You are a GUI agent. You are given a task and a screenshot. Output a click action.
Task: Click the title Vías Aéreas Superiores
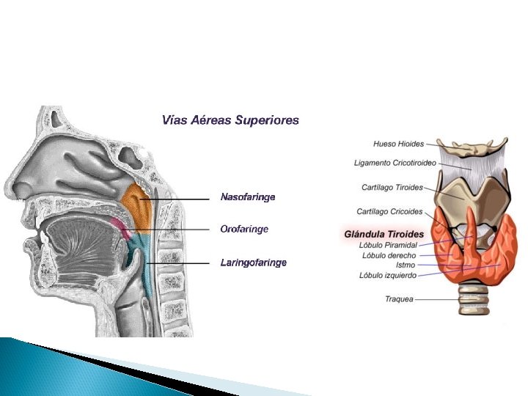pyautogui.click(x=230, y=120)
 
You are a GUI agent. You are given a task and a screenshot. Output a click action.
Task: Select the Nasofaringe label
pyautogui.click(x=248, y=197)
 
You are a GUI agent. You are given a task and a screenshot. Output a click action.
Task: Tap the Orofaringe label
pyautogui.click(x=244, y=229)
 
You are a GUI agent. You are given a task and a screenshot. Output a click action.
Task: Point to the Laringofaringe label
pyautogui.click(x=253, y=262)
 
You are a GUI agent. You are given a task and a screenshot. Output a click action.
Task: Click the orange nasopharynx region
pyautogui.click(x=136, y=204)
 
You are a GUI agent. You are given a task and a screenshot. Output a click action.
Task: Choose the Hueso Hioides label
pyautogui.click(x=398, y=144)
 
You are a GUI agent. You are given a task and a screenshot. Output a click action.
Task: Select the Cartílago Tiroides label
pyautogui.click(x=392, y=187)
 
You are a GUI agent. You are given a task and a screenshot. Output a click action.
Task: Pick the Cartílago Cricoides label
pyautogui.click(x=389, y=212)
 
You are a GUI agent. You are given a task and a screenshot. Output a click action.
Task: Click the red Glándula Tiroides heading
pyautogui.click(x=384, y=234)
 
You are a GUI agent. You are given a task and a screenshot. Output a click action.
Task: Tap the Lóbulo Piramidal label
pyautogui.click(x=389, y=245)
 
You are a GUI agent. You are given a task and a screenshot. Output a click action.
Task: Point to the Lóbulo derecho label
pyautogui.click(x=389, y=254)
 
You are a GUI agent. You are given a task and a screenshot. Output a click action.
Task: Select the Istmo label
pyautogui.click(x=406, y=265)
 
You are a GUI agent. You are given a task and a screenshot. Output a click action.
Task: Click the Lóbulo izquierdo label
pyautogui.click(x=388, y=275)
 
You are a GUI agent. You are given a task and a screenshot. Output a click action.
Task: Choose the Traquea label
pyautogui.click(x=399, y=299)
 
